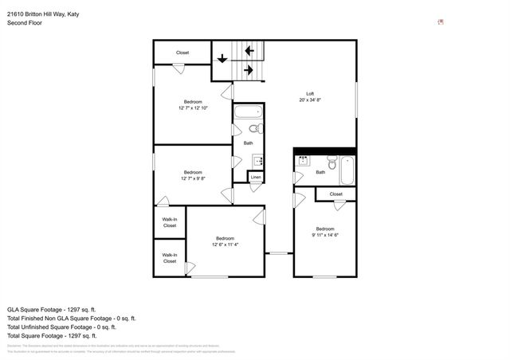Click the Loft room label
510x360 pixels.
pos(311,94)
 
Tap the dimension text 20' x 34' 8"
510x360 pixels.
pos(311,100)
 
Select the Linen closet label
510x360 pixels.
pos(256,177)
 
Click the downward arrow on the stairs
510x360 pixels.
pos(222,57)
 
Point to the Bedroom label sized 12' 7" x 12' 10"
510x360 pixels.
pos(193,101)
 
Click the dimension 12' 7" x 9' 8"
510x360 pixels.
pos(193,178)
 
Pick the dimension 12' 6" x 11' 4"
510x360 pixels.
pos(226,245)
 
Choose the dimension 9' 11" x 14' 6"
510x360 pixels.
pos(325,235)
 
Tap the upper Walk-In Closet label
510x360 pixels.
pos(170,222)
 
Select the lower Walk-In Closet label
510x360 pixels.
pos(170,258)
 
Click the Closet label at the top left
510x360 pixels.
pos(182,53)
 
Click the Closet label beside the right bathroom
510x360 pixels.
pos(335,194)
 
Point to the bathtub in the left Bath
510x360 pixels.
pos(246,112)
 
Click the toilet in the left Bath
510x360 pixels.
pos(253,128)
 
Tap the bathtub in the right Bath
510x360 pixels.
pos(347,169)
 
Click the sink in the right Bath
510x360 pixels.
pos(302,160)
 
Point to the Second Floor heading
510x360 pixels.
pos(25,23)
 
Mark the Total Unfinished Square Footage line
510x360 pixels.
pos(61,327)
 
